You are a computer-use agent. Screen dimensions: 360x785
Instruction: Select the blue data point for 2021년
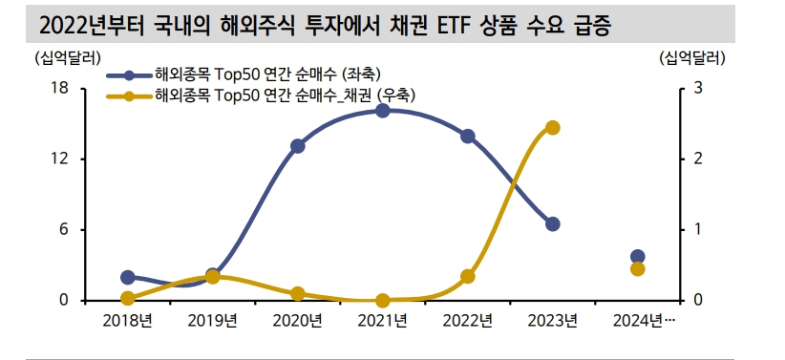(382, 111)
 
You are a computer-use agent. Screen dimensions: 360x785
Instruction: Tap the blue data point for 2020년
(297, 146)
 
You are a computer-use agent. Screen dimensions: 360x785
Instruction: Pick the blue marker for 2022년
(468, 136)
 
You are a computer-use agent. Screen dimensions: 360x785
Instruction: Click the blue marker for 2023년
(552, 224)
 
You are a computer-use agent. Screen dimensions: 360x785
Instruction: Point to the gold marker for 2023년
(552, 127)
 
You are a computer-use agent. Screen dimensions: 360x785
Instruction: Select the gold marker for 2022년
(468, 277)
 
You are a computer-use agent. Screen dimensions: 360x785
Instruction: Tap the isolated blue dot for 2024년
(638, 257)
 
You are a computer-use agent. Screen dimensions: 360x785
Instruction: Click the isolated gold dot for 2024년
(638, 269)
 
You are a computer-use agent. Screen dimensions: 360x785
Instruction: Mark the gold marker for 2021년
(382, 301)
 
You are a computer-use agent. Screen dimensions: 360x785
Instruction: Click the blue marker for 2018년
(128, 277)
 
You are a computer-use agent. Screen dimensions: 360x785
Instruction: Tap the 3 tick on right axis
(698, 88)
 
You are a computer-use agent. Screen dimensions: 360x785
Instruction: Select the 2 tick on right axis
(698, 159)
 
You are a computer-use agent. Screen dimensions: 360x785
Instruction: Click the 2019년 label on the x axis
(213, 321)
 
